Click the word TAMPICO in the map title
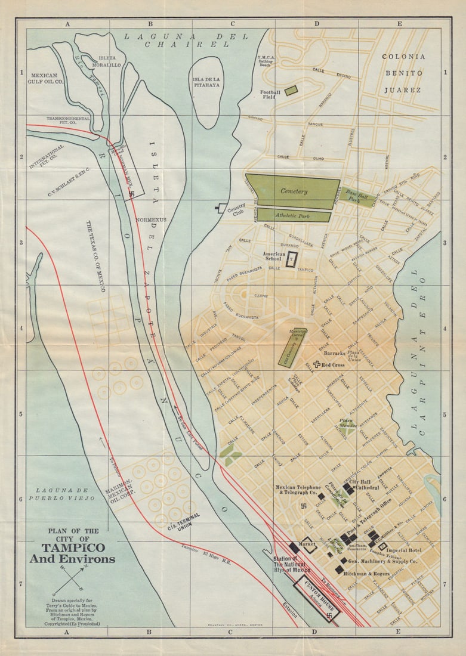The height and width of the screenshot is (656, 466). [73, 547]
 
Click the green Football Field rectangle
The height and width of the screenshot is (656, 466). [291, 90]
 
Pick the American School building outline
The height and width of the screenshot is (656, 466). [291, 259]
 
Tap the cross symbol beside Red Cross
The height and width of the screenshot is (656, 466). [317, 364]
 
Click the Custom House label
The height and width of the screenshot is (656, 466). [316, 593]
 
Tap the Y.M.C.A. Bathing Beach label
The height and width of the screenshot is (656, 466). [265, 61]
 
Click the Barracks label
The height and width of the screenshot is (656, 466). [335, 353]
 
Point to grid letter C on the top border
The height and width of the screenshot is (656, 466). [233, 24]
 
